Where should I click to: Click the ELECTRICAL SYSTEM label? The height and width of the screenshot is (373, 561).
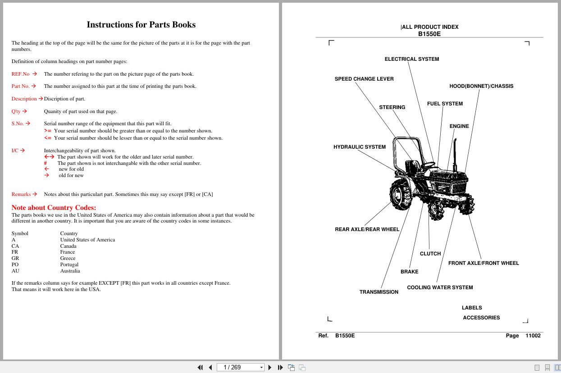(411, 59)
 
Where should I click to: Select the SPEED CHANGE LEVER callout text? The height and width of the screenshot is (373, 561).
(364, 79)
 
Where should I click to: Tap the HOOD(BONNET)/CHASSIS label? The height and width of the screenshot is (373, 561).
(481, 86)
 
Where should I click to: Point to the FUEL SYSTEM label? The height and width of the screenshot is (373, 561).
(444, 104)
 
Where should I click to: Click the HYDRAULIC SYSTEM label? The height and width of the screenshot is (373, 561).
(359, 147)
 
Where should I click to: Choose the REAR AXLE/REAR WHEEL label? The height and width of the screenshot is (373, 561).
(367, 229)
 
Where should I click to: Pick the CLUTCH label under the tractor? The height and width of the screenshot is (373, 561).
(430, 254)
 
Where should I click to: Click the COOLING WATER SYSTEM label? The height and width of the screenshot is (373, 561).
(440, 287)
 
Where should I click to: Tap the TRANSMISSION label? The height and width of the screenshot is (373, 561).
(379, 292)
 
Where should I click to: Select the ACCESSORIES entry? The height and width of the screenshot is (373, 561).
(481, 318)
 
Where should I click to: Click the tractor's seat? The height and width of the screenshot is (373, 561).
(411, 168)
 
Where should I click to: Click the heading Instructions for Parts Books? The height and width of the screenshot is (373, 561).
(141, 25)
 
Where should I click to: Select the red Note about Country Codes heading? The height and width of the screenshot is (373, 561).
(54, 208)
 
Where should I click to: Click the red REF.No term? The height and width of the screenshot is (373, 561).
(20, 74)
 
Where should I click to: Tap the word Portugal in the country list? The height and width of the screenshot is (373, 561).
(69, 264)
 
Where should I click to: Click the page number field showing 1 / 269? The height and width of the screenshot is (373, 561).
(239, 367)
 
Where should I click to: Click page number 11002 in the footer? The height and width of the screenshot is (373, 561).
(533, 336)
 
